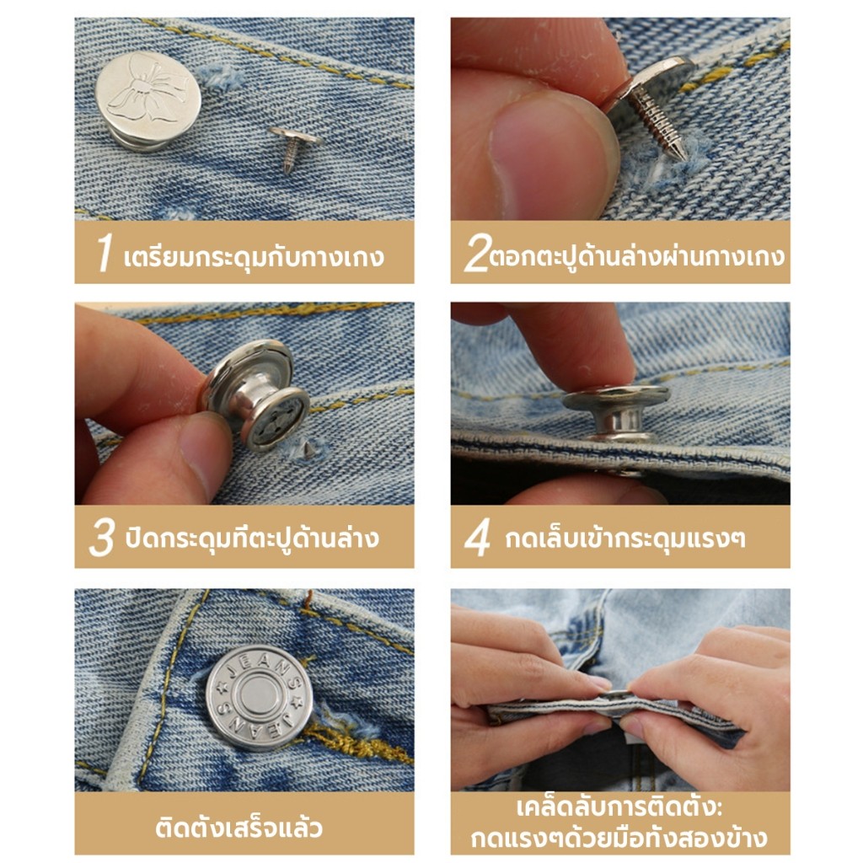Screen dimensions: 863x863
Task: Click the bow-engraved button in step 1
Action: (148, 102)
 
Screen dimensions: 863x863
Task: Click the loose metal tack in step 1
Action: (293, 146)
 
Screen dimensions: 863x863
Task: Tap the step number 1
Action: (104, 252)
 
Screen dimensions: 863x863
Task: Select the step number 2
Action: (476, 253)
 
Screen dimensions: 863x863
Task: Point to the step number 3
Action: (102, 537)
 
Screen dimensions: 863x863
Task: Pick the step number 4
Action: (477, 537)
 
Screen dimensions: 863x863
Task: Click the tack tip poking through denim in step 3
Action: (307, 450)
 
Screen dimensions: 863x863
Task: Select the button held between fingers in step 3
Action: (256, 394)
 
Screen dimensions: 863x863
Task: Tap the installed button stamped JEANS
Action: (260, 697)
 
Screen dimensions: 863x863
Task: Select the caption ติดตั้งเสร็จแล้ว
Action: (239, 828)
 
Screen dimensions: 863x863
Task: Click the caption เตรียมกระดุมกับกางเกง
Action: (254, 256)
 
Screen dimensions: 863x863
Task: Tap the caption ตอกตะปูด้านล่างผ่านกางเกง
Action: (637, 256)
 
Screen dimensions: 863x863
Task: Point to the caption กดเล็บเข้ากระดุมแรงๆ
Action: (626, 538)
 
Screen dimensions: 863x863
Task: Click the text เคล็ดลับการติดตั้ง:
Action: (619, 807)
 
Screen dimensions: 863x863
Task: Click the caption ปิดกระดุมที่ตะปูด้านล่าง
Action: (252, 538)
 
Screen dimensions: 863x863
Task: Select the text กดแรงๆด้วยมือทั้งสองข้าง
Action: (619, 838)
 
